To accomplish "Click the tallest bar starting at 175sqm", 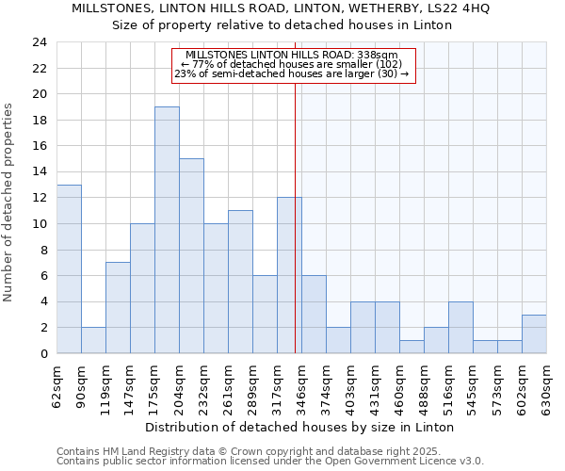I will (167, 230).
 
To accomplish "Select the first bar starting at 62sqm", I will (69, 269).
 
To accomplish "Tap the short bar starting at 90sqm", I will (93, 340).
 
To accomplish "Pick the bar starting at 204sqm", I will (191, 256).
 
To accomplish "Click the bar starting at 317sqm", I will (289, 276).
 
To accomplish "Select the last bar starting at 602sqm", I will (534, 334).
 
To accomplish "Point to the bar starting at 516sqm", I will (460, 328).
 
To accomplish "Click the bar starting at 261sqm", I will (240, 282).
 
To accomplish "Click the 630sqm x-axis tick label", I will (546, 386).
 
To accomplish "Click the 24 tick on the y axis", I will (39, 42).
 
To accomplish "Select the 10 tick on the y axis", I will (39, 224).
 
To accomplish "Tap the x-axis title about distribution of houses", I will (301, 427).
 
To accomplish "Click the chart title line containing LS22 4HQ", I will (282, 9).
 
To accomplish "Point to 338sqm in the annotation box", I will (380, 55).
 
